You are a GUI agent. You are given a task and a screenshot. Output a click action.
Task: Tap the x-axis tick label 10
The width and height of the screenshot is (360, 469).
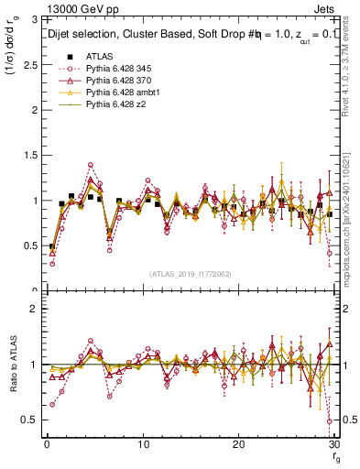(143, 445)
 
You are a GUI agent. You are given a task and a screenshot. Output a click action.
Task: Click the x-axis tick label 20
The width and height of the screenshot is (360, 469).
(238, 445)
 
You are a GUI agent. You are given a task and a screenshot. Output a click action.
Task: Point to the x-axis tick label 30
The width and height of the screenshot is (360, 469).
(333, 445)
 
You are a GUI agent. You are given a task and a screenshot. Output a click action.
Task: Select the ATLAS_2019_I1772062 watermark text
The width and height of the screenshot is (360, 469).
(191, 274)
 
